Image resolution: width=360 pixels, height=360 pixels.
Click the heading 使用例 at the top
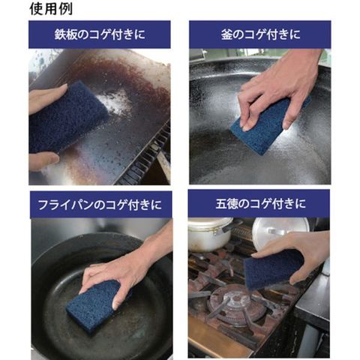51,9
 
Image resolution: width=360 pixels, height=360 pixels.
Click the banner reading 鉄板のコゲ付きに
100,34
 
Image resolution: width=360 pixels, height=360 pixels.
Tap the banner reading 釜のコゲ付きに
260,34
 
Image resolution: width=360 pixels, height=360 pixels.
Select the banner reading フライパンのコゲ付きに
100,205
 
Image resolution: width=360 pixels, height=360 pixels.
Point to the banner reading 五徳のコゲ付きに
259,203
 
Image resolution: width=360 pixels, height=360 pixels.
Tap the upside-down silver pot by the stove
280,232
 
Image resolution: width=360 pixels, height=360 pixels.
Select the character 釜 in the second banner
226,34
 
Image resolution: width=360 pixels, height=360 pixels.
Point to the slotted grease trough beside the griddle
148,155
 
